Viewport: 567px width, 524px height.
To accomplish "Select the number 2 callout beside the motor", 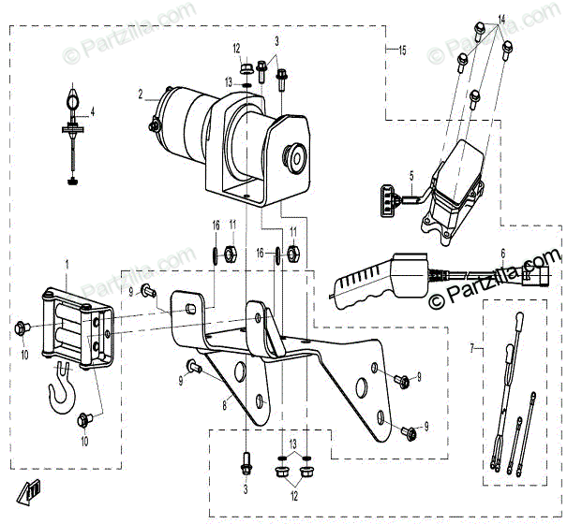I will [x=141, y=94].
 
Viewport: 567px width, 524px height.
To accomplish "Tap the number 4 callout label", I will [x=92, y=110].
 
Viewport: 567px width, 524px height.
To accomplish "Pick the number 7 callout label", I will [x=472, y=348].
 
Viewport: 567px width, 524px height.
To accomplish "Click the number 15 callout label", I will [x=402, y=49].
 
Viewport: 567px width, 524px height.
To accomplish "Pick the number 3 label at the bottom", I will [x=246, y=489].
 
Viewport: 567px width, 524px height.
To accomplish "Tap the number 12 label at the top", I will [x=237, y=48].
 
